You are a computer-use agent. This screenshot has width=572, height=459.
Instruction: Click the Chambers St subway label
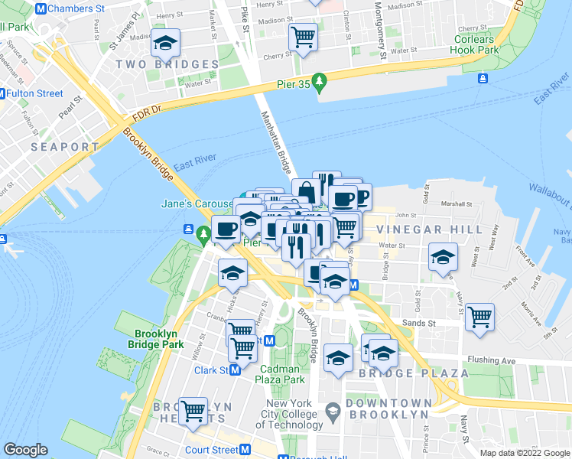[77, 8]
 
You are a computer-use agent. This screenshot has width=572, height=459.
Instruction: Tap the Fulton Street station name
[36, 93]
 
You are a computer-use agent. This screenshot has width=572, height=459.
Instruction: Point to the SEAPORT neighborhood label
[65, 146]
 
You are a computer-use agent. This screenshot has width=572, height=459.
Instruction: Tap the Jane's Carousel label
[196, 204]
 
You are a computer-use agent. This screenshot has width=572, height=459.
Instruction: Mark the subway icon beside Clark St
[236, 370]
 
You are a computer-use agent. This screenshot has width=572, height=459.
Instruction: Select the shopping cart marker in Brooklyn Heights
[193, 410]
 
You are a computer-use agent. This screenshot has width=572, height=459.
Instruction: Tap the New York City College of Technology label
[293, 414]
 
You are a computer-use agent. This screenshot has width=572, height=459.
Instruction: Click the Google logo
[25, 450]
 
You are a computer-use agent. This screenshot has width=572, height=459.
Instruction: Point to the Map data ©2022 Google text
[524, 453]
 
